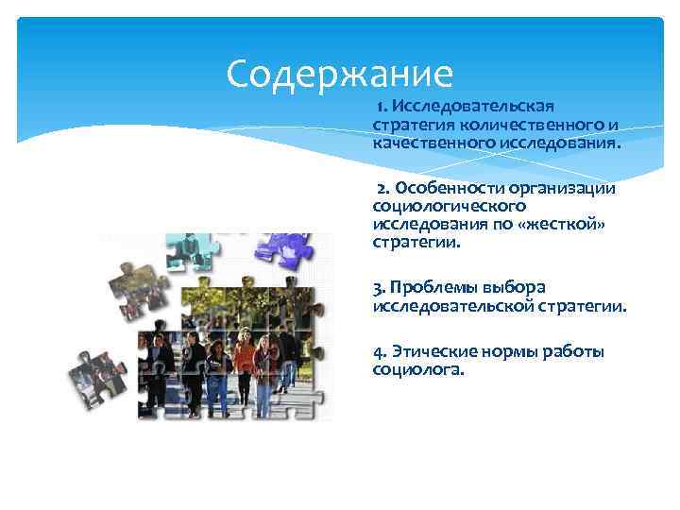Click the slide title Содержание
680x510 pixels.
[x=340, y=72]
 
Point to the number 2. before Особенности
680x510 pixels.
[x=384, y=188]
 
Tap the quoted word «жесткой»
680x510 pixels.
[x=570, y=223]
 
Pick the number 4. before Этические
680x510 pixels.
[x=381, y=351]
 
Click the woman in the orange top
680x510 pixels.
[x=244, y=364]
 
